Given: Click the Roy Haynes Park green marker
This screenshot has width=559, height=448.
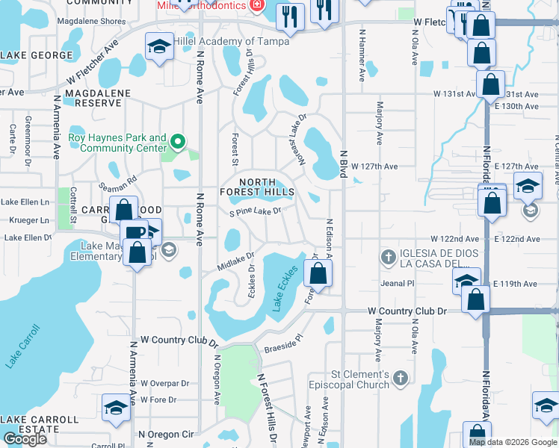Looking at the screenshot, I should click(x=178, y=140).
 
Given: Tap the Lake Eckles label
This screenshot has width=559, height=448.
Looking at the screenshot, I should click(x=291, y=290).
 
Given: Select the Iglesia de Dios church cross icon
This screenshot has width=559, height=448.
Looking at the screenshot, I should click(x=388, y=258).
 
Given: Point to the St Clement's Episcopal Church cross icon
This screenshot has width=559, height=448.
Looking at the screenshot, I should click(x=402, y=379).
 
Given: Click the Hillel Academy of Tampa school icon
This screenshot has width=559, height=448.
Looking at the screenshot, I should click(x=158, y=47).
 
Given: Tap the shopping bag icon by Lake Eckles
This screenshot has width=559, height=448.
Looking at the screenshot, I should click(x=318, y=273).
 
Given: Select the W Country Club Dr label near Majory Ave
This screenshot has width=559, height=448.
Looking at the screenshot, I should click(x=407, y=311).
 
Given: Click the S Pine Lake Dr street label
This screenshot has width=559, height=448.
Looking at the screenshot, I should click(x=255, y=211).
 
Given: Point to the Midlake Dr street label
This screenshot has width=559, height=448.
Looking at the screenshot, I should click(x=237, y=261).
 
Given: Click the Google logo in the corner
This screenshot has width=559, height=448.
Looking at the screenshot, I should click(x=25, y=439).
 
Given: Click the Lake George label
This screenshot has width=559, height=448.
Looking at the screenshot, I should click(x=32, y=55).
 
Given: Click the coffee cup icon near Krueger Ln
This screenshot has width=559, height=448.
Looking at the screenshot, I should click(x=135, y=232).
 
